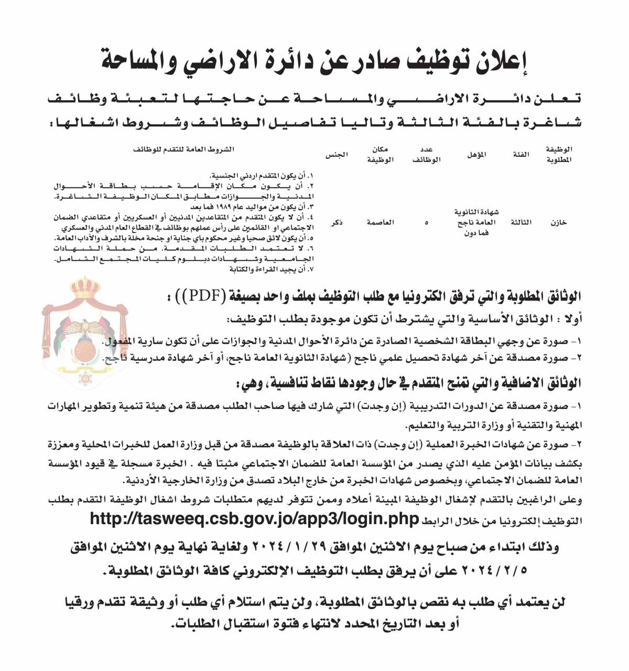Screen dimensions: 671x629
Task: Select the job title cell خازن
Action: click(x=559, y=222)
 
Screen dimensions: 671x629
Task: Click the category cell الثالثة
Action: click(x=521, y=222)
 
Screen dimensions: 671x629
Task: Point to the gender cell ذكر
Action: click(x=337, y=222)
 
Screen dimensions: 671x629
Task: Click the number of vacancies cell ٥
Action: click(x=426, y=223)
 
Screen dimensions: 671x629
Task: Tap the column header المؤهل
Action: click(x=476, y=155)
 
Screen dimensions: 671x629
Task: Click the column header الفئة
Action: click(x=521, y=155)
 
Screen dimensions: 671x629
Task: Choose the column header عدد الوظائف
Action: click(x=426, y=155)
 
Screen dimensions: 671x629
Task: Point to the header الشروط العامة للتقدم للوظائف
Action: click(x=183, y=149)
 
